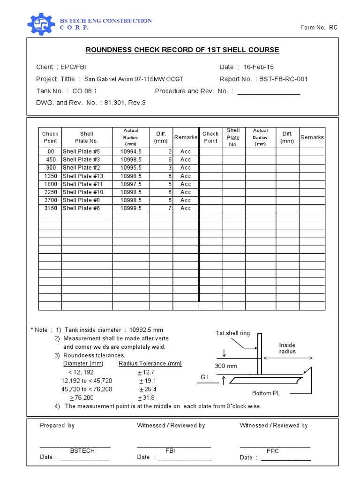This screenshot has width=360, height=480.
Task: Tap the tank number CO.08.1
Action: [x=85, y=91]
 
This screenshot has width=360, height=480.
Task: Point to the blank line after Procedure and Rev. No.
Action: [x=269, y=92]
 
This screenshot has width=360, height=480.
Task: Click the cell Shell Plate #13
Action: [x=83, y=176]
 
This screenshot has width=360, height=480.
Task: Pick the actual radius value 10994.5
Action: [x=131, y=151]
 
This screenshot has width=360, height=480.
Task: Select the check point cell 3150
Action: [x=50, y=208]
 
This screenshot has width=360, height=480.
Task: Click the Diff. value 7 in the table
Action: [x=170, y=208]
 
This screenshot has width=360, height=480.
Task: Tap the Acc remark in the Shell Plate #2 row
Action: [x=186, y=168]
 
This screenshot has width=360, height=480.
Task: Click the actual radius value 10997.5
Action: [x=131, y=184]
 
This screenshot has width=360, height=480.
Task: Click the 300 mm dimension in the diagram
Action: [x=226, y=366]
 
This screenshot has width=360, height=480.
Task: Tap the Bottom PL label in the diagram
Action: [x=266, y=393]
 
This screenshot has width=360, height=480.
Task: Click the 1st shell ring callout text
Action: [x=233, y=333]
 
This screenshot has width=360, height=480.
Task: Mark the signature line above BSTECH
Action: [x=75, y=446]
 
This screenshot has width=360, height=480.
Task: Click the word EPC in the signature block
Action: [x=272, y=451]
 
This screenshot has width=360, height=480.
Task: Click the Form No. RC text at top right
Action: [x=319, y=28]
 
